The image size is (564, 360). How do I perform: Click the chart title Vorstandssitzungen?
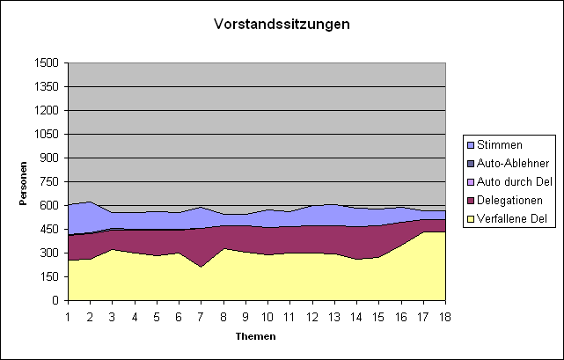coord(282,24)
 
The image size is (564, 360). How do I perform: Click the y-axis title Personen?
coord(24,182)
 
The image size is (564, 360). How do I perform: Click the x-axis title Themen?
coord(256,336)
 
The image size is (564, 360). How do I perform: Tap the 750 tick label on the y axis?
coord(49,182)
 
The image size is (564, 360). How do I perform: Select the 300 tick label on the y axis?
coord(49,253)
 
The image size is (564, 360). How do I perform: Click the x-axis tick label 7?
coord(201,316)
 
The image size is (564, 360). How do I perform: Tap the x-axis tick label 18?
coord(445,316)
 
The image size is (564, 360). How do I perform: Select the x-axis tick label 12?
coord(312,316)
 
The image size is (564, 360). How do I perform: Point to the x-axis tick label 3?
coord(113,316)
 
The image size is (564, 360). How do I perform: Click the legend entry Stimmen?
coord(499,145)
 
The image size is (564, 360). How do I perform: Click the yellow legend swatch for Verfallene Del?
coord(471,219)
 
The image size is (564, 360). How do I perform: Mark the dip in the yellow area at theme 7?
coord(201,267)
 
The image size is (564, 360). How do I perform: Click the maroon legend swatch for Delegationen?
coord(471,201)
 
